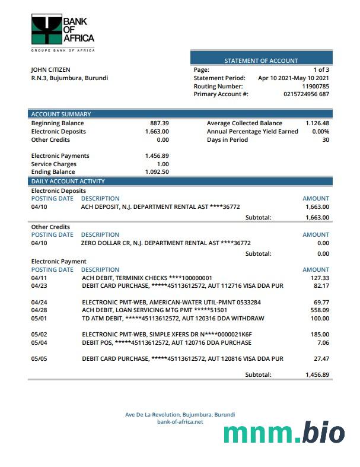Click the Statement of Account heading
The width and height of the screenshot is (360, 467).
tap(261, 61)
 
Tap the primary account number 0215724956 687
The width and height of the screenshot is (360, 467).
tap(306, 94)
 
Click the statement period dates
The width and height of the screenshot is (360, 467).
tap(294, 78)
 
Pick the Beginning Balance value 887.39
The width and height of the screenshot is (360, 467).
tap(159, 123)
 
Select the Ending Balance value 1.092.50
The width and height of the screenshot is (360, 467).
tap(157, 172)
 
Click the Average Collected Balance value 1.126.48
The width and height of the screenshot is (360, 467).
tap(317, 123)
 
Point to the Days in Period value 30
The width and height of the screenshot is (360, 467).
tap(325, 139)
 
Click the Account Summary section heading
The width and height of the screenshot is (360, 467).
tap(61, 114)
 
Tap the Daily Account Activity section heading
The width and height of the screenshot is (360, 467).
tap(68, 181)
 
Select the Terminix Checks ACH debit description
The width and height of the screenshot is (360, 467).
tap(146, 278)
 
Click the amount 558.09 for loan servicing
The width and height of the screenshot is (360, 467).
tap(319, 310)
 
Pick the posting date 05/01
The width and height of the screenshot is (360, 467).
tap(39, 318)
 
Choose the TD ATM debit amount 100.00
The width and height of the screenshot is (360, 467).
tap(319, 318)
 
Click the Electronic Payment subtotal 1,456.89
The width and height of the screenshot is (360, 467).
tap(317, 374)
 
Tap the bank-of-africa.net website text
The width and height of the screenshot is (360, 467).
tap(180, 422)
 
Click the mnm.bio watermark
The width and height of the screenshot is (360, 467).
tap(284, 433)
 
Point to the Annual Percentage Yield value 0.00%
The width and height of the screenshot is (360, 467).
tap(320, 131)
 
